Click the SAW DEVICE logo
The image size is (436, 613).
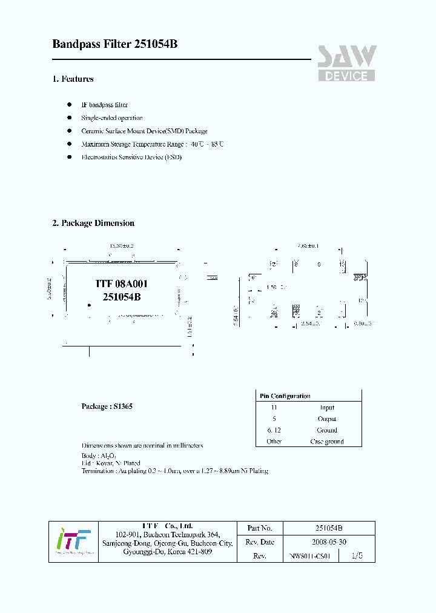coord(347,64)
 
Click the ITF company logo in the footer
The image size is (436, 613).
coord(73,540)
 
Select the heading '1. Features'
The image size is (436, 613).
coord(73,79)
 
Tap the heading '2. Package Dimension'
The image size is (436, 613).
coord(93,223)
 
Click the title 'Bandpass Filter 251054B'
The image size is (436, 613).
coord(115,44)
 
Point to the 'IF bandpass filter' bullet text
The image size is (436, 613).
coord(104,105)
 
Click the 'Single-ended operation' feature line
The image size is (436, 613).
coord(112,118)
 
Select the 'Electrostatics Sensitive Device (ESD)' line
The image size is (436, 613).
coord(131,157)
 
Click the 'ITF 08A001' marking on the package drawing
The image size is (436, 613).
coord(122,283)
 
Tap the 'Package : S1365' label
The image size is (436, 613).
coord(107,406)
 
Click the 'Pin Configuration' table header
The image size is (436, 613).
coord(285,396)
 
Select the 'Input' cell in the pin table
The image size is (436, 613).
coord(327,408)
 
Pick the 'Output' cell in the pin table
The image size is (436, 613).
coord(327,419)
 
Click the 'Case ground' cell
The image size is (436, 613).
coord(327,442)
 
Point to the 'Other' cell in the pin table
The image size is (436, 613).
coord(274,442)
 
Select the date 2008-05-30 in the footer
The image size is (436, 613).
coord(329,542)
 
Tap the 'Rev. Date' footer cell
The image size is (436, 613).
coord(260,542)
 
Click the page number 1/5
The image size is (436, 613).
coord(358,555)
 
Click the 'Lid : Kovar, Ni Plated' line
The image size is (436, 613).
coord(111,463)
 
